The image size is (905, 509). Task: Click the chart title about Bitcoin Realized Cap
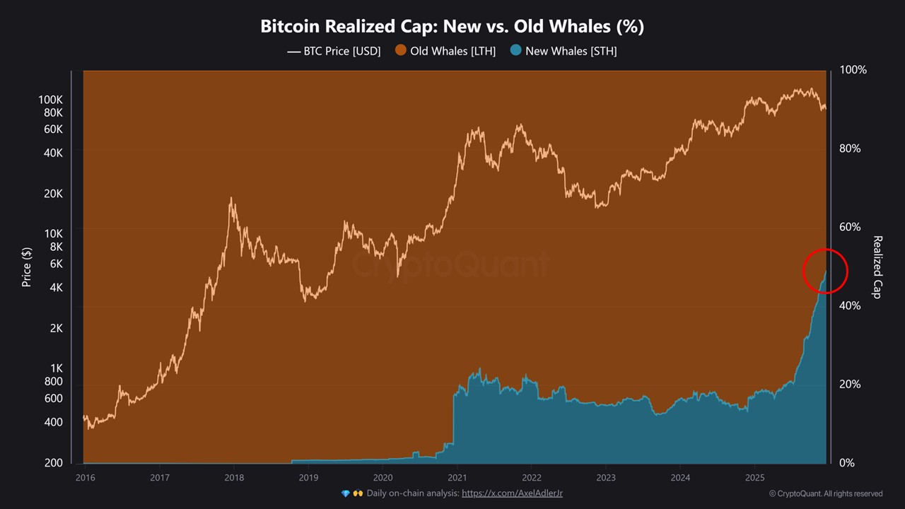coord(452,26)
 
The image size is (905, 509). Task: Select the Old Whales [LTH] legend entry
coord(445,51)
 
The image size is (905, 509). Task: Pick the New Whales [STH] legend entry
coord(564,51)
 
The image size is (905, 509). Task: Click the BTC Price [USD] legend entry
coord(334,51)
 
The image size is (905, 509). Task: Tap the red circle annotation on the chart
coord(825,271)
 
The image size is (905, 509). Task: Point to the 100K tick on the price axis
coord(50,100)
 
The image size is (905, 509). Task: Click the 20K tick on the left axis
coord(54,194)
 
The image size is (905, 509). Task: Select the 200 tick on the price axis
coord(54,463)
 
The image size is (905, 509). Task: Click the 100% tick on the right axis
coord(853,70)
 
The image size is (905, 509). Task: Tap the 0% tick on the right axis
coord(847,463)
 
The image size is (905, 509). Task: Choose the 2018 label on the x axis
coord(234,477)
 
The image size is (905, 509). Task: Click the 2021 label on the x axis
coord(457,477)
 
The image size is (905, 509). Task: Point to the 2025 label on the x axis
coord(754,477)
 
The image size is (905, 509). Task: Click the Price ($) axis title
coord(27,267)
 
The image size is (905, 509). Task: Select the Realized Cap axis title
coord(877,267)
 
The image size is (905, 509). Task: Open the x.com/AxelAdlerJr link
coord(512,493)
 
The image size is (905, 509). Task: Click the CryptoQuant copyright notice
coord(825,493)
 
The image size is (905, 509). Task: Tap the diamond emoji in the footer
coord(345,493)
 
